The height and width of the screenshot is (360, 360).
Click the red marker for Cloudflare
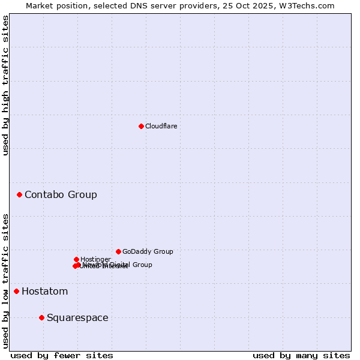point(141,126)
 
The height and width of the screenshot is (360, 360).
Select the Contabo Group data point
point(20,194)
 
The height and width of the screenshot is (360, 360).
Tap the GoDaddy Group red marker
point(118,251)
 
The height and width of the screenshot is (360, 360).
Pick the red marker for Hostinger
point(76,259)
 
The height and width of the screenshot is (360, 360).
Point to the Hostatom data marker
point(16,291)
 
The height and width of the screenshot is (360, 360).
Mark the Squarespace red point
point(41,317)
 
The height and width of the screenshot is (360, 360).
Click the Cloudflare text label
point(161,126)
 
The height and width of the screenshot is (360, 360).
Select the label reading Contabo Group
point(61,194)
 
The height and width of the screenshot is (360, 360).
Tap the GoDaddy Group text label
point(148,251)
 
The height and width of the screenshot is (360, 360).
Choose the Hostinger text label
point(95,259)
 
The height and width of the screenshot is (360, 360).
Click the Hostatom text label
point(44,292)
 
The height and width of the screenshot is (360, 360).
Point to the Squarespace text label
point(77,318)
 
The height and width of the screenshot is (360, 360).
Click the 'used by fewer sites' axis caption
point(62,356)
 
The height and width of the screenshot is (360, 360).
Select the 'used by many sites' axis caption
point(301,356)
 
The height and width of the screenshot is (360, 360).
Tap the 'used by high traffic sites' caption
point(5,85)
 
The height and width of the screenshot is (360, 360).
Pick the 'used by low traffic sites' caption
point(5,280)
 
